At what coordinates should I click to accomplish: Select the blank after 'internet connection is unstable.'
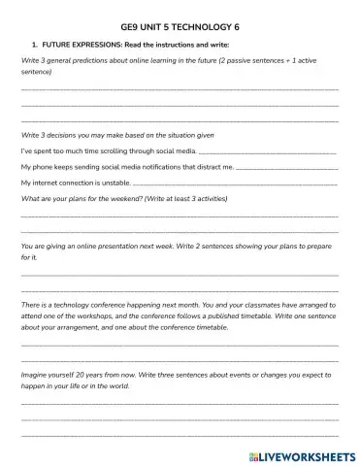pyautogui.click(x=234, y=183)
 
